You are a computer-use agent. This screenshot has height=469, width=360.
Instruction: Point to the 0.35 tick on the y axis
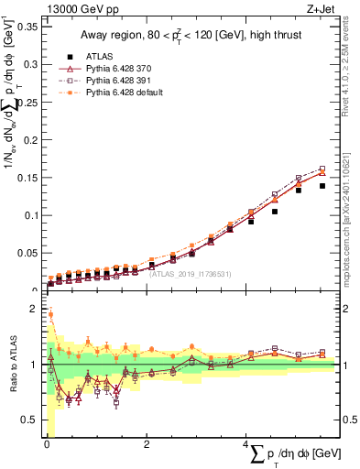pos(27,27)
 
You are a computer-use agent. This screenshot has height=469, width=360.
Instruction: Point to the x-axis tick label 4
pos(246,444)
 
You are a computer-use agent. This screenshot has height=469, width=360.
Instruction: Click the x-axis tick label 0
pos(46,444)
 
